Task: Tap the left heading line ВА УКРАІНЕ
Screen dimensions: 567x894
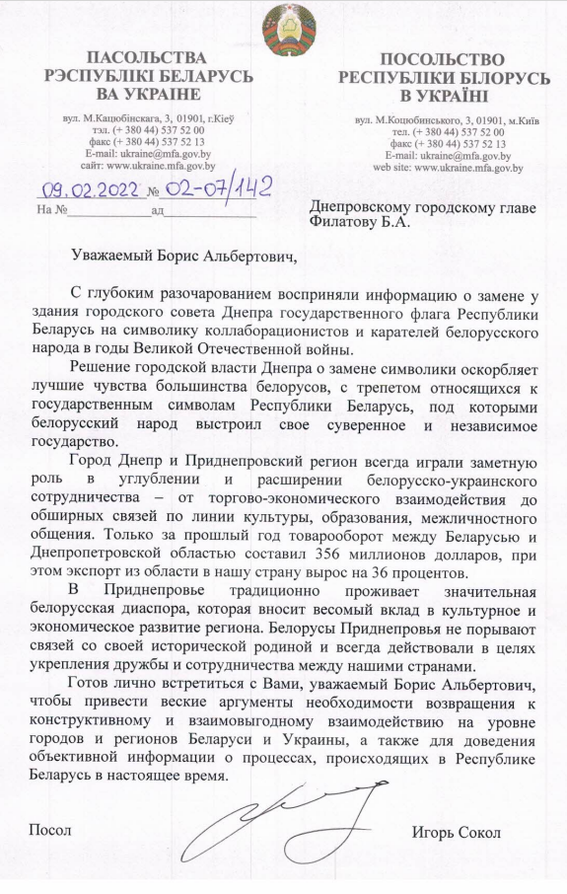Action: tap(149, 94)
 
